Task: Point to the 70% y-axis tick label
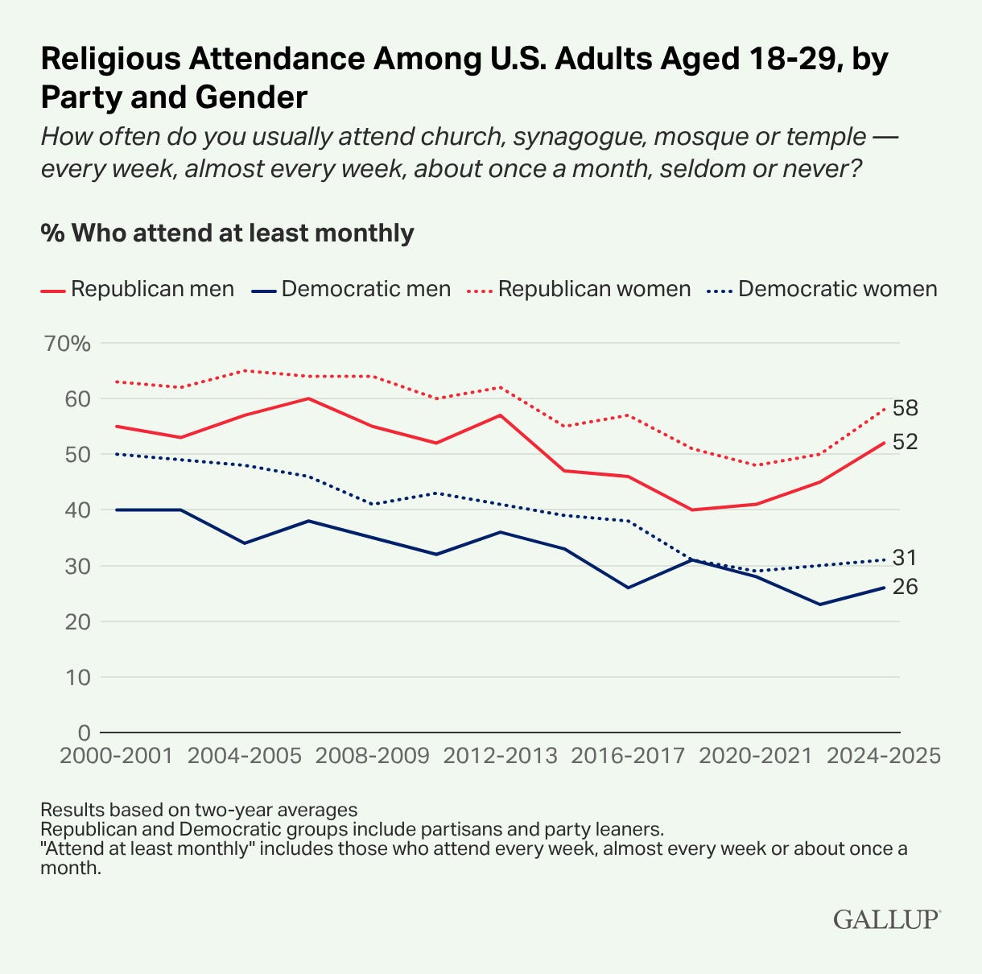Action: [x=68, y=344]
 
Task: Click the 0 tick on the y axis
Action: [x=83, y=733]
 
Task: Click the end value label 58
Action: [x=905, y=409]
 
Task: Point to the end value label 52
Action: [x=905, y=443]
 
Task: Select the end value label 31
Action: [x=905, y=559]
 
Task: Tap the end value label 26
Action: [x=905, y=588]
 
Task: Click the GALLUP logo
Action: [x=886, y=919]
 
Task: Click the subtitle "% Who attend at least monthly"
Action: [x=227, y=233]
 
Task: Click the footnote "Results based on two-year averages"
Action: [x=199, y=809]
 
